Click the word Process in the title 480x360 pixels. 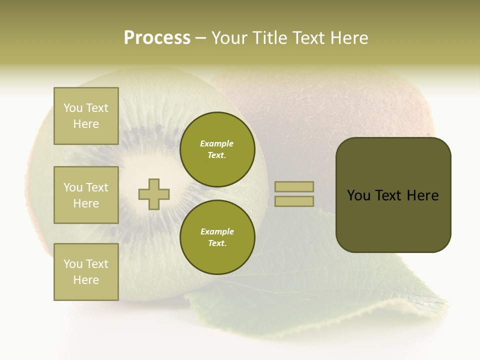(157, 38)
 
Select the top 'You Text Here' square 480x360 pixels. (86, 116)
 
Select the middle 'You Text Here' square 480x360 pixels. (86, 195)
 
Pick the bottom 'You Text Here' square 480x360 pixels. (86, 272)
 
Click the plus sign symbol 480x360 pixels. (154, 194)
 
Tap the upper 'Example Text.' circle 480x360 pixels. (217, 149)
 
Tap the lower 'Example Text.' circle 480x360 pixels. (217, 237)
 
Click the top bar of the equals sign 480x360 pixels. (294, 186)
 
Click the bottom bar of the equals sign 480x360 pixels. (294, 201)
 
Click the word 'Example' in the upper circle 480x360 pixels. (217, 143)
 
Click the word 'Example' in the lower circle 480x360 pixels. (217, 231)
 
